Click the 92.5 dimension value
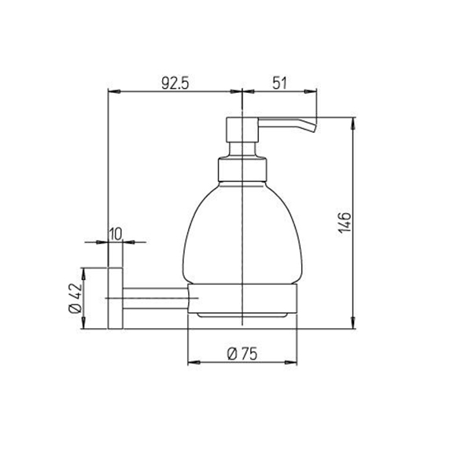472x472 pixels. (175, 83)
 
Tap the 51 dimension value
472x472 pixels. (279, 83)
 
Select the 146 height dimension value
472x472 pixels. (345, 223)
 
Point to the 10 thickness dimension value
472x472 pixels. (115, 234)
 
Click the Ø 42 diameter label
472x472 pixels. (76, 298)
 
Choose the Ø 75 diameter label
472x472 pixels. (242, 354)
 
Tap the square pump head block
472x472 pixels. (242, 130)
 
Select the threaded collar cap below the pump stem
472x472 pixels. (242, 170)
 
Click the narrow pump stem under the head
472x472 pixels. (242, 149)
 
